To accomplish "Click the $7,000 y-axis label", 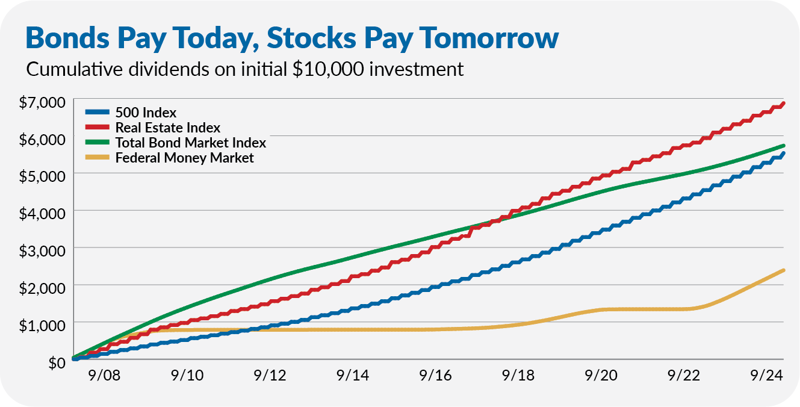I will (42, 102).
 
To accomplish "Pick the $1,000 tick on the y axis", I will (42, 325).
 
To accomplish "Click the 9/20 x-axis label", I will (600, 375).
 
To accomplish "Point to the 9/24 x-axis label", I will (765, 375).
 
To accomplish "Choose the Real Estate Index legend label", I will (167, 128).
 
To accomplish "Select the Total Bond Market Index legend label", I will (190, 143).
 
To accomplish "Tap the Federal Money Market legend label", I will (184, 158).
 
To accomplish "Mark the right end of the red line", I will (783, 104).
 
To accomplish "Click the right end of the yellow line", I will (783, 270).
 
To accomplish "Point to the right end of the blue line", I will (783, 154).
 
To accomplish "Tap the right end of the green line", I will (783, 146).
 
